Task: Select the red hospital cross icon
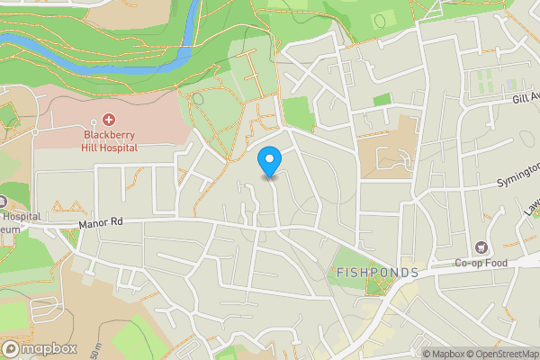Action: pos(110,120)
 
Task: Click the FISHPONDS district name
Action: pos(378,272)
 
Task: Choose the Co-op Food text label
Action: pos(481,264)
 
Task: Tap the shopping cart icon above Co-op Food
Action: pos(481,247)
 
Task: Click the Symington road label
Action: pos(518,175)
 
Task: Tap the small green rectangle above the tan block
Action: pos(382,100)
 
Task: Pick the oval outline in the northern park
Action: pos(378,19)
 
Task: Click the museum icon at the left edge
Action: pos(3,201)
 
